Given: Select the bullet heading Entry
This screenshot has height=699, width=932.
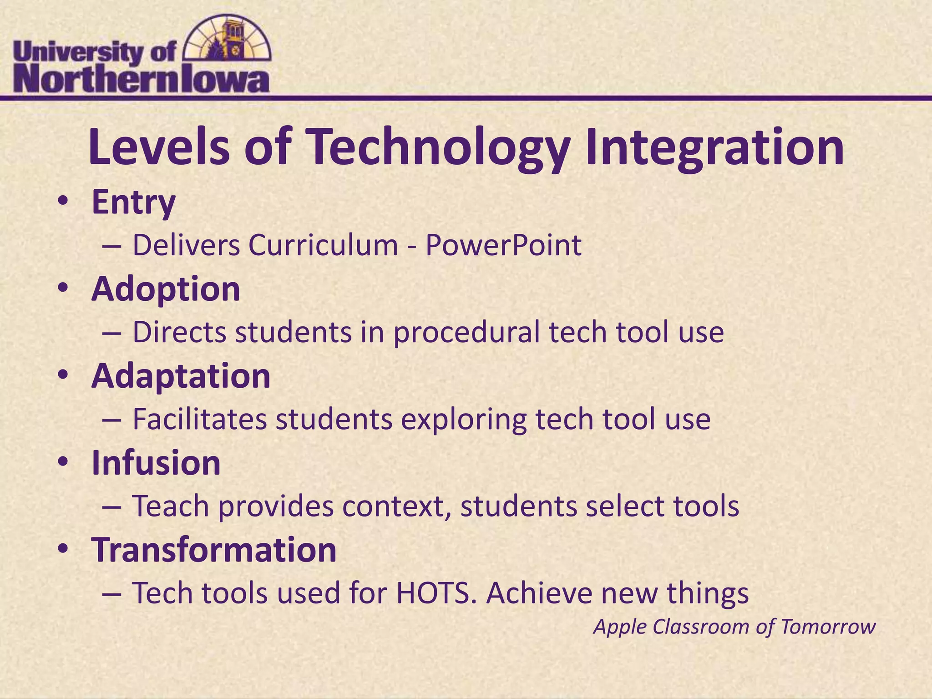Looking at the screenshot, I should [x=133, y=203].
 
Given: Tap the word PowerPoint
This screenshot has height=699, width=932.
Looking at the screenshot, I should [x=503, y=246].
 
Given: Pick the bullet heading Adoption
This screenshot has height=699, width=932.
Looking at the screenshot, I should [x=166, y=290].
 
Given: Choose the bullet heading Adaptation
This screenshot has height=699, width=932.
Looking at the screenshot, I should [x=181, y=377].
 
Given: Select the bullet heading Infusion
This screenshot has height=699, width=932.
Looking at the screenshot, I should [x=156, y=463].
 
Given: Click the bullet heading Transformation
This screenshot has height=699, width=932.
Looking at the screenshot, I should [x=214, y=550].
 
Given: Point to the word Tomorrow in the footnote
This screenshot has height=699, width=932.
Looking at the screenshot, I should [x=828, y=627].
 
